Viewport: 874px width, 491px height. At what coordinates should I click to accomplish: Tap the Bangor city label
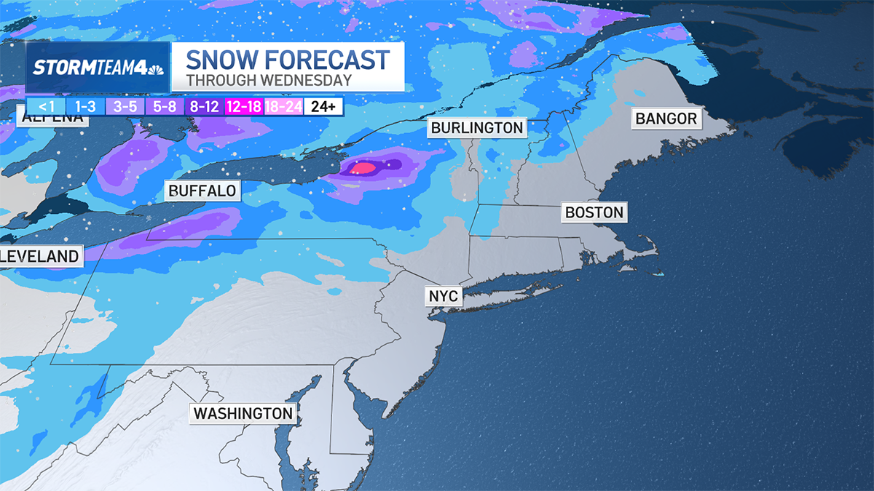pos(666,119)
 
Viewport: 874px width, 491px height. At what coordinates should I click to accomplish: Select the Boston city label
pos(594,213)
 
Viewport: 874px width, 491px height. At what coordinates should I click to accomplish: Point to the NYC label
pos(443,296)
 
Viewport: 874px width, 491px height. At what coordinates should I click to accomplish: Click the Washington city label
pos(243,414)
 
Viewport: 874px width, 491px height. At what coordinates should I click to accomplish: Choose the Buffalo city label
pos(202,191)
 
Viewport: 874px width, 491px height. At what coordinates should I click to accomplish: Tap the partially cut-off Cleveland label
pos(39,256)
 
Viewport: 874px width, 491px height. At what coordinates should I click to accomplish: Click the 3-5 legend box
pos(124,107)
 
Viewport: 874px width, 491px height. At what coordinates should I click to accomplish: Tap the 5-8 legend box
pos(165,107)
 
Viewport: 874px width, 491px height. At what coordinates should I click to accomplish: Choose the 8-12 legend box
pos(205,107)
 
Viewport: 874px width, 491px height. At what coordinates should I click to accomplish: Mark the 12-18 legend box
pos(244,107)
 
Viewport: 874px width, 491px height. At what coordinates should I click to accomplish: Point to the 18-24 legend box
pos(283,107)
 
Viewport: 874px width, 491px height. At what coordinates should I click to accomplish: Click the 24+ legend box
pos(323,107)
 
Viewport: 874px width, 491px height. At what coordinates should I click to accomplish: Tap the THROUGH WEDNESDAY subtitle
pos(269,81)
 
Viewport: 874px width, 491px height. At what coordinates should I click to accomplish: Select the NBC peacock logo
pos(155,68)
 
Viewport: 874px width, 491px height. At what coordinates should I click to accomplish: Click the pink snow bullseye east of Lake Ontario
pos(363,168)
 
